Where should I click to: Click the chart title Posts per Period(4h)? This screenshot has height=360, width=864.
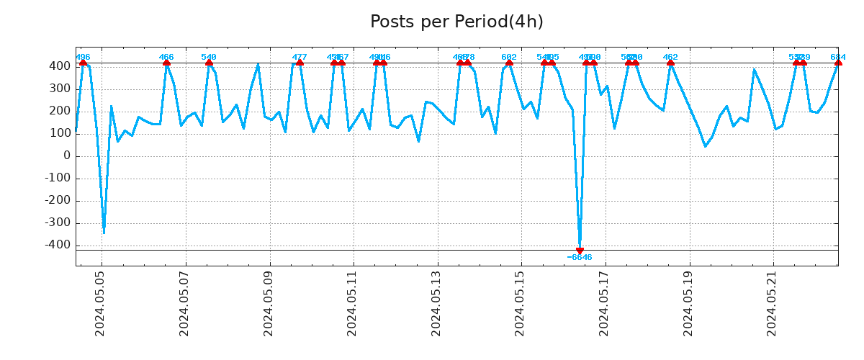tap(456, 22)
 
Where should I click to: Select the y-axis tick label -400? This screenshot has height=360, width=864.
tap(58, 246)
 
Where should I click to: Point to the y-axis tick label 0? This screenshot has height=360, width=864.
tap(67, 156)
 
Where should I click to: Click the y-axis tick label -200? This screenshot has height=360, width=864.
tap(58, 201)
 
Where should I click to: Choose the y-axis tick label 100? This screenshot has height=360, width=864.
tap(60, 134)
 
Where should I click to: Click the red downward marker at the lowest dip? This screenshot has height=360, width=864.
tap(580, 251)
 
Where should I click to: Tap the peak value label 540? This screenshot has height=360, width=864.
tap(209, 58)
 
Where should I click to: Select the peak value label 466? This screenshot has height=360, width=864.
tap(166, 58)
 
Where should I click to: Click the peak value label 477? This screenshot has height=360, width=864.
tap(300, 58)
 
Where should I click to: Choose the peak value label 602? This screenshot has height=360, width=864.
tap(509, 58)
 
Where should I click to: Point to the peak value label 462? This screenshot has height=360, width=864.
tap(670, 58)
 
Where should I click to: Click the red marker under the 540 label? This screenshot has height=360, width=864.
tap(209, 63)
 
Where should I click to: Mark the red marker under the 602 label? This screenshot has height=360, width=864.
tap(509, 63)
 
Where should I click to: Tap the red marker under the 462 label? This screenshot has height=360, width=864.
tap(670, 63)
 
